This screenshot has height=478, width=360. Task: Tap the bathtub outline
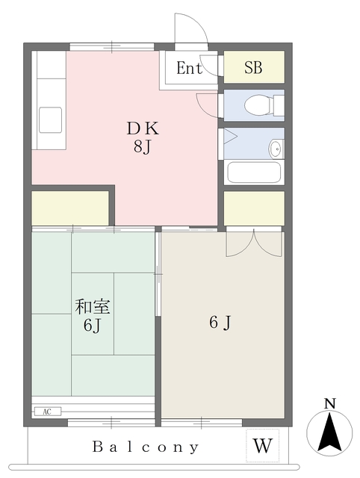tap(254, 172)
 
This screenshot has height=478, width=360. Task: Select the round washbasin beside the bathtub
tap(276, 149)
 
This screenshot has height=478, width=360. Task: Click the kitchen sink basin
tap(50, 119)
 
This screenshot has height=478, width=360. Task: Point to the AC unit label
tap(47, 412)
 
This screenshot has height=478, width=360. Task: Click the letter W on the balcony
tap(263, 446)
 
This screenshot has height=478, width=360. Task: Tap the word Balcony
tap(146, 447)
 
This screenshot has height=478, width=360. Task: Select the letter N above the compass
tap(329, 403)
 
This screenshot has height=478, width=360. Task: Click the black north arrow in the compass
tap(329, 432)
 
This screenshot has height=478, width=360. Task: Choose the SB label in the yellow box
tap(253, 67)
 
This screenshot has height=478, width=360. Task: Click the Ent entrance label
tap(189, 68)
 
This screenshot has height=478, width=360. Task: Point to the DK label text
tap(143, 128)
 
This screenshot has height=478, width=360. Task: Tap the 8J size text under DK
tap(143, 147)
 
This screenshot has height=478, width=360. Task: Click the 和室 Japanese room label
tap(93, 307)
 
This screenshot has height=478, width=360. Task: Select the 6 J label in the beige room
tap(220, 323)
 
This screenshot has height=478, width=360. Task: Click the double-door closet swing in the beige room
tap(254, 244)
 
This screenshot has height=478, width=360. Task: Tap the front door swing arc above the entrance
tap(191, 29)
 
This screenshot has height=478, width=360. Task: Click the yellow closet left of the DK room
tap(70, 208)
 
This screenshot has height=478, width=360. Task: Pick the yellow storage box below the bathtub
tap(254, 208)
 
